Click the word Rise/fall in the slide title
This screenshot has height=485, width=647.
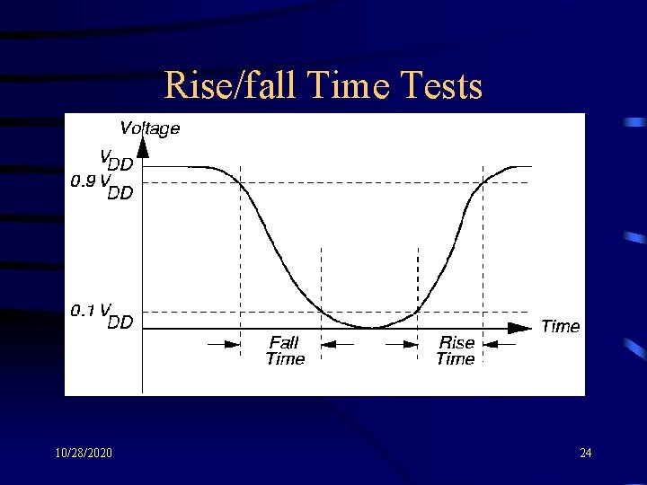pyautogui.click(x=231, y=87)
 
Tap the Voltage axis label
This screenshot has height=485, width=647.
pyautogui.click(x=149, y=128)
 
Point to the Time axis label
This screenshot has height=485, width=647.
pyautogui.click(x=560, y=326)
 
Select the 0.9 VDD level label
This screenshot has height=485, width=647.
pyautogui.click(x=102, y=186)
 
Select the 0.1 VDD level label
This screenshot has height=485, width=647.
pyautogui.click(x=102, y=315)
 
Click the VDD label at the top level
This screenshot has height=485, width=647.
pyautogui.click(x=116, y=159)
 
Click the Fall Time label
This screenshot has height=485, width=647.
pyautogui.click(x=285, y=350)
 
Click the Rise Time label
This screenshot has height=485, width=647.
pyautogui.click(x=456, y=350)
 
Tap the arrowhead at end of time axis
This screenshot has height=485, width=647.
pyautogui.click(x=520, y=328)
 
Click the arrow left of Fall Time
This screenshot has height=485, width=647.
pyautogui.click(x=224, y=343)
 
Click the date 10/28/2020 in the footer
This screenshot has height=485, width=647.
pyautogui.click(x=83, y=453)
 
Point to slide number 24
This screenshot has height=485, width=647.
pyautogui.click(x=585, y=453)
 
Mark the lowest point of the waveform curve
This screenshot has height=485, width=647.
pyautogui.click(x=373, y=328)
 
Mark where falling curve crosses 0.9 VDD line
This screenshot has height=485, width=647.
pyautogui.click(x=241, y=183)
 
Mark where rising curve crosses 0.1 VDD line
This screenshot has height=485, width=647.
pyautogui.click(x=418, y=312)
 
